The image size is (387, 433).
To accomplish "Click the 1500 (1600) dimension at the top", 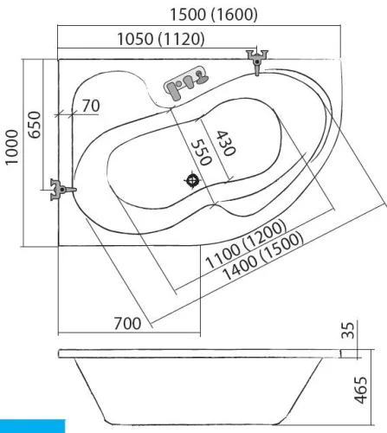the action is coord(214,15).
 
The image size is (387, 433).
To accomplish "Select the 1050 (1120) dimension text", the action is coord(161,39).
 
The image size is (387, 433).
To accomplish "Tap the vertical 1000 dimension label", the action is coord(12,147).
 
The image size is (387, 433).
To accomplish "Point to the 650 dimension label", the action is coord(35,125).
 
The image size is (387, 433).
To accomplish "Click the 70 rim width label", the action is coord(91,106).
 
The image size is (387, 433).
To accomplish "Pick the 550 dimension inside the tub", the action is coord(201,152).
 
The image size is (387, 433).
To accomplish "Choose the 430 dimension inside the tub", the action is coord(226,143).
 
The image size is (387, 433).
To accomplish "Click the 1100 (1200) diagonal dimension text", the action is coord(246,244).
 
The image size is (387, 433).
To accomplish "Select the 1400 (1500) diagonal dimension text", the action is coord(263,255).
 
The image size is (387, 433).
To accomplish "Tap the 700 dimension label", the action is coord(127,323).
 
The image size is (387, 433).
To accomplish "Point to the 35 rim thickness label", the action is coord(348,330).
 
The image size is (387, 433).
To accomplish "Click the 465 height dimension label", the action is coord(361,390).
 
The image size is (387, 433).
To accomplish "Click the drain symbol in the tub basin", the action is coord(192,180).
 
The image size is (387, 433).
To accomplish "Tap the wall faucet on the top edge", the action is coord(257,61).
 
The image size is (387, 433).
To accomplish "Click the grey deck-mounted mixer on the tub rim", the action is coord(186,83).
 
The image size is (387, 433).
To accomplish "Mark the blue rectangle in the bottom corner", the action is coord(33,426).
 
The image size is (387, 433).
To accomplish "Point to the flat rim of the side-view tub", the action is coord(200,353).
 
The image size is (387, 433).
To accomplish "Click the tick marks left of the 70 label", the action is coord(65,114).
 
